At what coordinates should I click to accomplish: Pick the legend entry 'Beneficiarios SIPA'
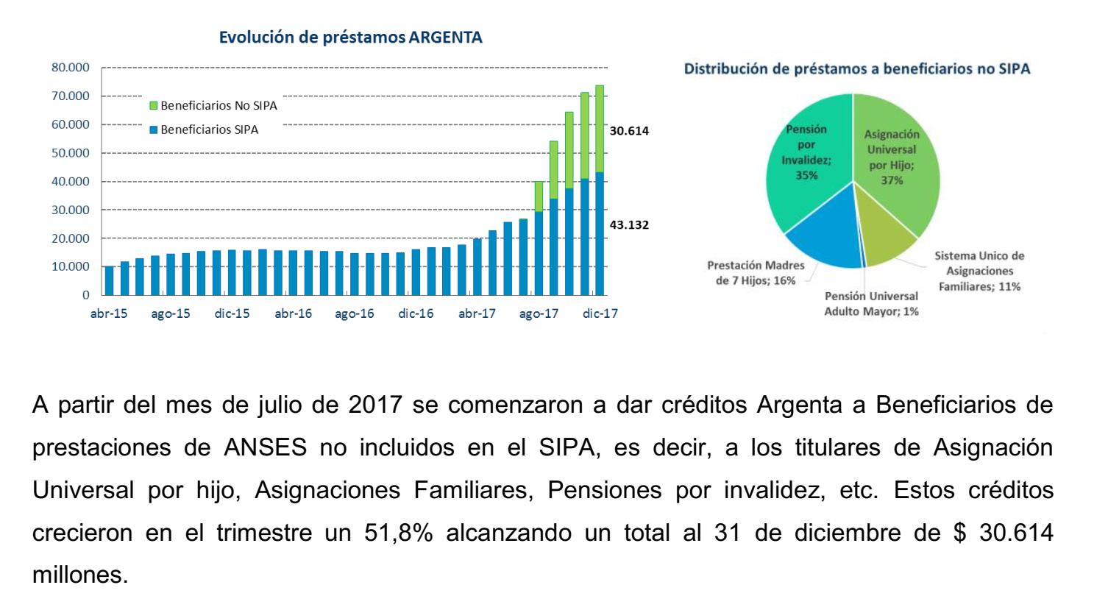[x=210, y=130]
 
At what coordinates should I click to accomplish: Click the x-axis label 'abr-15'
[x=109, y=314]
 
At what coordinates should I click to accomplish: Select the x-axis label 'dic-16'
[x=416, y=314]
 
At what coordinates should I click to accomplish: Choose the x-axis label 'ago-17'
[x=539, y=314]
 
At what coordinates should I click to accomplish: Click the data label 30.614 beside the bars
[x=630, y=131]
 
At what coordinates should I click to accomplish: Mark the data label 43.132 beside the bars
[x=630, y=225]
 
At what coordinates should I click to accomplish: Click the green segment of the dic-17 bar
[x=600, y=129]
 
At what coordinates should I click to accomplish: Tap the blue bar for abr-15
[x=109, y=280]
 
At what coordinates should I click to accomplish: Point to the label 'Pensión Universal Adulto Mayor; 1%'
[x=871, y=304]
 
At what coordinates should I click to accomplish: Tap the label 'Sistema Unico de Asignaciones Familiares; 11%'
[x=979, y=272]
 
